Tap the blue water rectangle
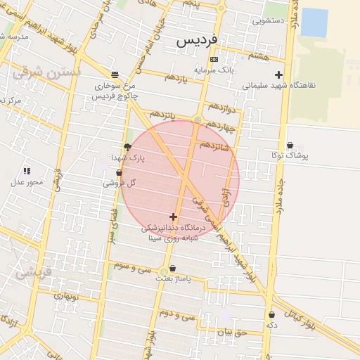[314, 22]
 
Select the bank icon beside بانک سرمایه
[214, 59]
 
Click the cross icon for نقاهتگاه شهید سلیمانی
[279, 75]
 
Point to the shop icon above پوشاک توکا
[290, 145]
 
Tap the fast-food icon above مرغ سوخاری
[115, 75]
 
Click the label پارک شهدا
[127, 157]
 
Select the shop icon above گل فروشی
[119, 173]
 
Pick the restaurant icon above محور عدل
[27, 171]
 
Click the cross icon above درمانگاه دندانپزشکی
[174, 217]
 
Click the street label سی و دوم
[179, 314]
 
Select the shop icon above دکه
[271, 315]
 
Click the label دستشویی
[268, 21]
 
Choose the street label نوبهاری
[68, 296]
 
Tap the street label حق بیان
[231, 332]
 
